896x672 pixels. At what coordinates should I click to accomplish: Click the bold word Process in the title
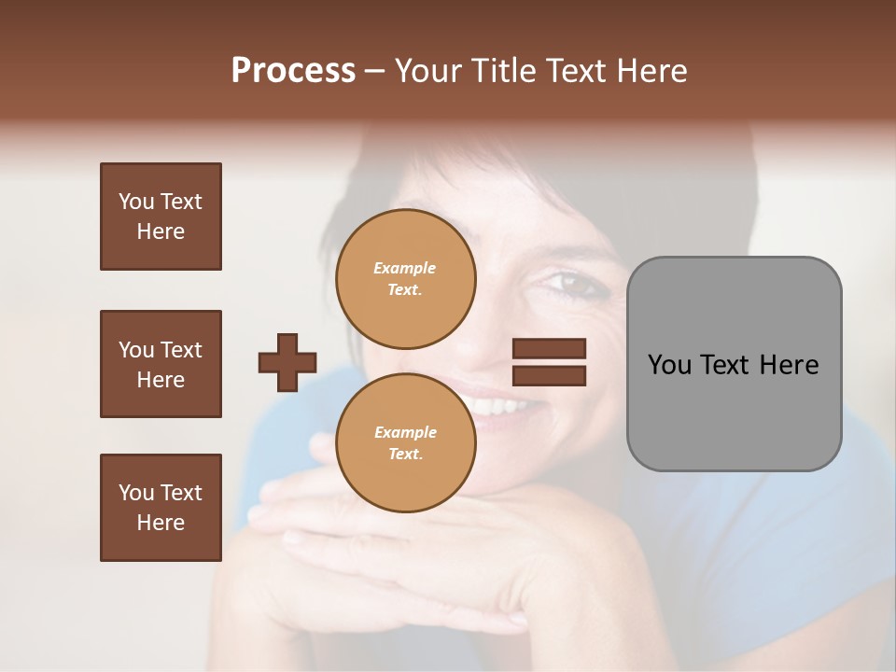point(293,71)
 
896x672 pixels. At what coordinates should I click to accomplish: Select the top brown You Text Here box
point(161,217)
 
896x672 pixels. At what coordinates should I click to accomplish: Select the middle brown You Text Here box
point(161,364)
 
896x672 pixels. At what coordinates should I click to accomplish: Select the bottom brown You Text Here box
point(161,507)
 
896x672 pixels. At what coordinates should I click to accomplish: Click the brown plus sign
point(287,362)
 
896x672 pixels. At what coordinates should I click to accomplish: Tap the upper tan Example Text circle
point(406,279)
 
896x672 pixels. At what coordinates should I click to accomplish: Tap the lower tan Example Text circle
point(406,442)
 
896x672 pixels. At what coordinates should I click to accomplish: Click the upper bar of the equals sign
point(550,348)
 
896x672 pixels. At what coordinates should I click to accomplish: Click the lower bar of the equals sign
point(550,375)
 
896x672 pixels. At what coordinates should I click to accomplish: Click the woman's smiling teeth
point(499,407)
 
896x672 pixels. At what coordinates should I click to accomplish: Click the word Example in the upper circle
point(404,268)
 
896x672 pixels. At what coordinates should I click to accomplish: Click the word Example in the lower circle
point(405,432)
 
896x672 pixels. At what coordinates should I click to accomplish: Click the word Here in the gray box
point(789,365)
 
